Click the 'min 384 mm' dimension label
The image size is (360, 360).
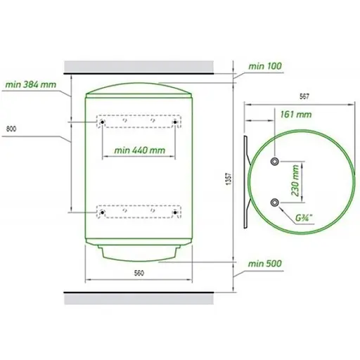pos(31,84)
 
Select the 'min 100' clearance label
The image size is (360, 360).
pos(265,66)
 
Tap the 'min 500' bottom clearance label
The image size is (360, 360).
pos(265,264)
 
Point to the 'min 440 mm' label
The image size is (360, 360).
pos(140,150)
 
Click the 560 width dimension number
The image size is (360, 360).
pos(139,273)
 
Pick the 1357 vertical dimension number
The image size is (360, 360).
pos(229,179)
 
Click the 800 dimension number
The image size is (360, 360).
pos(11,129)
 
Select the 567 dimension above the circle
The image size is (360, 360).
pos(304,96)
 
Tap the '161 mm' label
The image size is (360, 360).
pos(296,115)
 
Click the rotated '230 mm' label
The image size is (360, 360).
pos(295,181)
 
